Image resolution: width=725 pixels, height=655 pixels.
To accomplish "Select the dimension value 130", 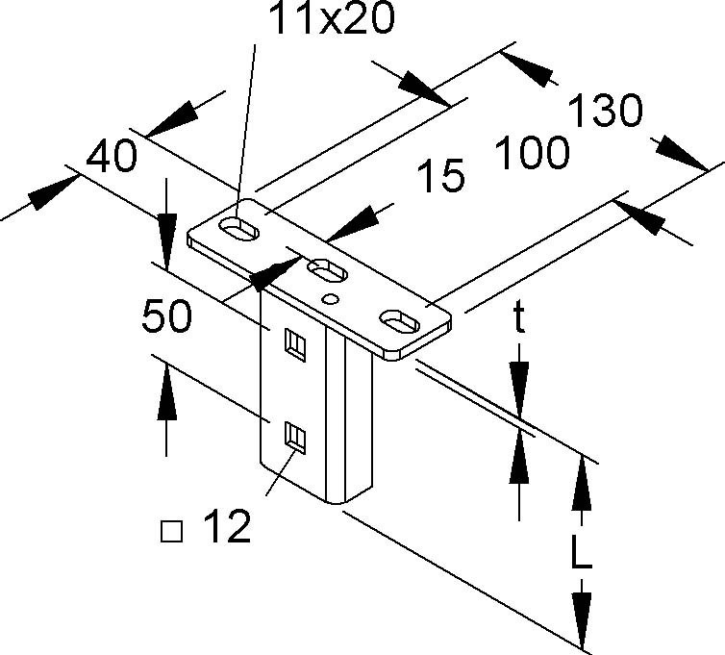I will [x=606, y=113].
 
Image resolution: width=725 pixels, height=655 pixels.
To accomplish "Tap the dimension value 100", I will [x=532, y=153].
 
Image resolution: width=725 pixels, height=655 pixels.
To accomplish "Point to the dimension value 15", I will [x=441, y=176].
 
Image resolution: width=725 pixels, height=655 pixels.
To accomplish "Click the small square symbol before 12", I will [x=172, y=529].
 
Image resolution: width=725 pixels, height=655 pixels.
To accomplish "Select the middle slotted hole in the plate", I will [x=328, y=270].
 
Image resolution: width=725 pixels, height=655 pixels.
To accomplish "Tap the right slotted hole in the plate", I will [x=403, y=317].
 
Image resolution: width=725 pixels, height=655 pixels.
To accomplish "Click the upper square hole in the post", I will [x=294, y=341].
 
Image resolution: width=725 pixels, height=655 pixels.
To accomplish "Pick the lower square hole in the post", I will [x=295, y=438].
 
